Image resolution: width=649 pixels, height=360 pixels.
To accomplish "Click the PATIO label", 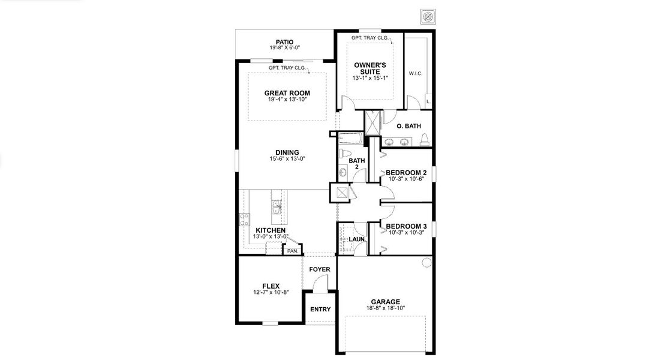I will (x=284, y=43).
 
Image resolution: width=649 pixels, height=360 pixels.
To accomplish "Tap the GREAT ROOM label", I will (x=287, y=93).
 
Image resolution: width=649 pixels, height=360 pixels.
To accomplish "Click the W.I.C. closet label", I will (x=416, y=74).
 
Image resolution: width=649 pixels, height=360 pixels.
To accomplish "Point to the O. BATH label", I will (x=409, y=126).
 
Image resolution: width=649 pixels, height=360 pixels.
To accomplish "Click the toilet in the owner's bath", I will (x=425, y=140).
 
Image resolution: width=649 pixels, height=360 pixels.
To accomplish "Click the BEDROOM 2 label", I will (x=406, y=173).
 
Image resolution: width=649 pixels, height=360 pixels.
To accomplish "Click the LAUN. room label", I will (x=357, y=239).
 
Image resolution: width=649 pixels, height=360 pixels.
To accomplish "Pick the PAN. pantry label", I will (x=293, y=251).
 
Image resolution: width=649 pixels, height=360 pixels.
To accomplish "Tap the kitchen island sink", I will (x=277, y=208).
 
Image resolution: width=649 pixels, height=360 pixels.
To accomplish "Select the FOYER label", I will (x=320, y=269).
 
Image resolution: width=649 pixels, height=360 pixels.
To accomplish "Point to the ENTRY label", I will (x=320, y=310).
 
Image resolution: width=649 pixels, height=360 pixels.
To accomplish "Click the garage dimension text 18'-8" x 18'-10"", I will (x=385, y=308).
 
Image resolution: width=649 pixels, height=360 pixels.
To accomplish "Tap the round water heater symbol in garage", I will (x=426, y=263).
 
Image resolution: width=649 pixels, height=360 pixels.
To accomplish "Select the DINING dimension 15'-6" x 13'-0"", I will (x=288, y=159).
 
